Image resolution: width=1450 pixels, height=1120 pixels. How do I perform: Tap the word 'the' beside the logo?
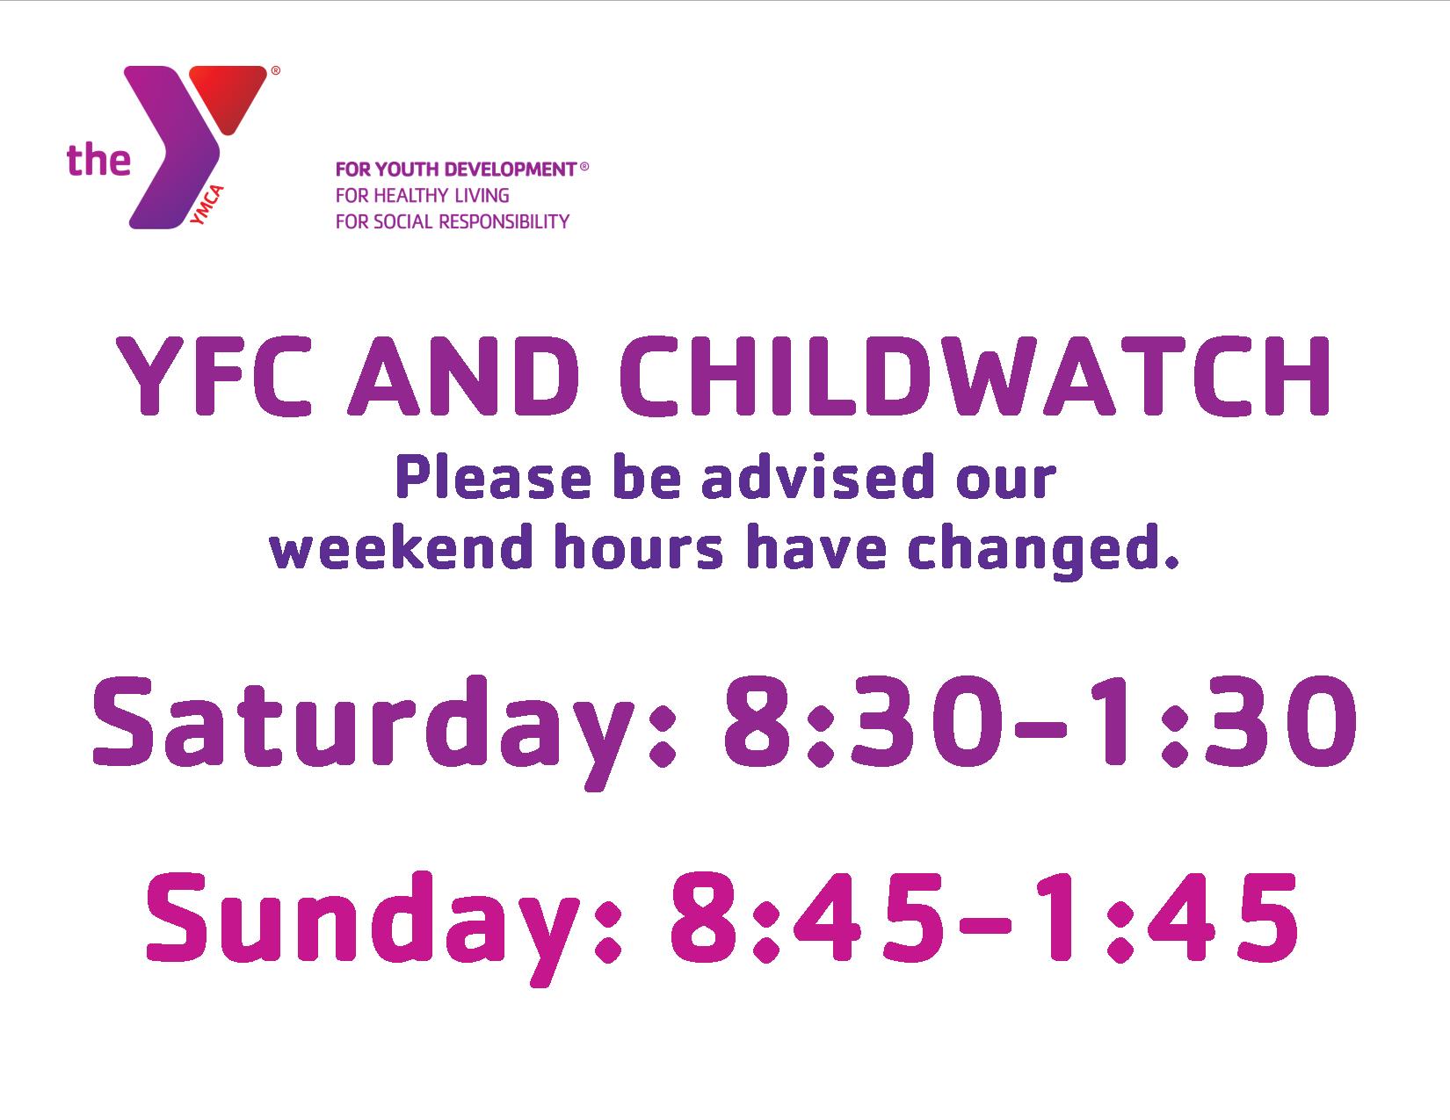[x=98, y=161]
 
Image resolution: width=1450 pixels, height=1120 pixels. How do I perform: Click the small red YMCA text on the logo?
[x=207, y=204]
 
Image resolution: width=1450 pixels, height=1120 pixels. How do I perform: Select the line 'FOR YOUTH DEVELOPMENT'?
[x=456, y=170]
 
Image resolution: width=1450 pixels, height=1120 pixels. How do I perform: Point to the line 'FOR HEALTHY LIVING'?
[x=423, y=195]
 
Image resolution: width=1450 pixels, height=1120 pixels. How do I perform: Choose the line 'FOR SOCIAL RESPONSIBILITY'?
[x=453, y=221]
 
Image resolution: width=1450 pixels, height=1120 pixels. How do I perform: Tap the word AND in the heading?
[x=464, y=376]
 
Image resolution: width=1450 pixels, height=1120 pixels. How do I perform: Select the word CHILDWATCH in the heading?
[x=975, y=376]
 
